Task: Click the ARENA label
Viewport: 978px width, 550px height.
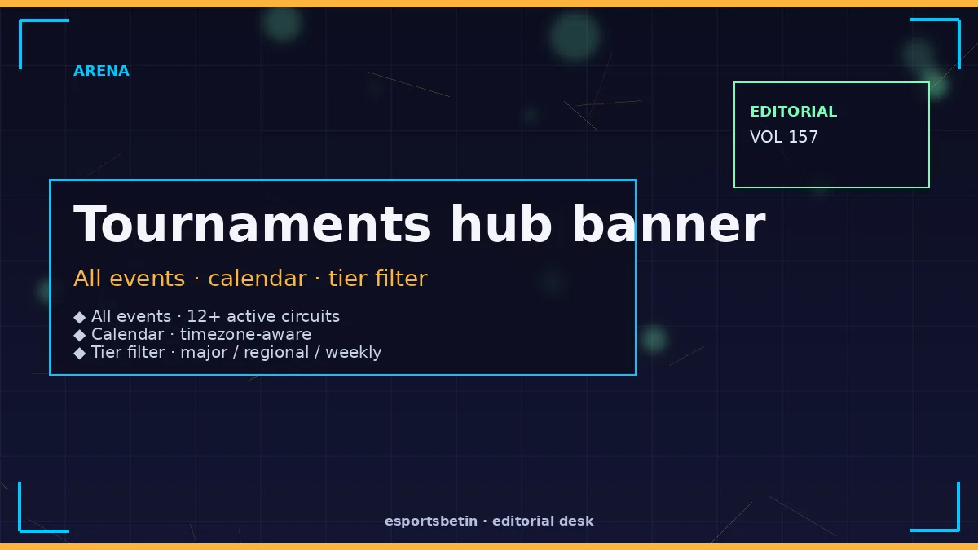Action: (x=101, y=71)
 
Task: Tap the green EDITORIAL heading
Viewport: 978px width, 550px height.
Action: (x=793, y=112)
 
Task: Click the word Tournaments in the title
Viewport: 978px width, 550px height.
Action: (x=252, y=224)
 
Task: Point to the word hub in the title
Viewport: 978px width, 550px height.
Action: (x=501, y=223)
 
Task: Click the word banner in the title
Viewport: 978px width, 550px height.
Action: (x=668, y=223)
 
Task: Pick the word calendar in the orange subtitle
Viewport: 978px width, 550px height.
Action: (x=258, y=279)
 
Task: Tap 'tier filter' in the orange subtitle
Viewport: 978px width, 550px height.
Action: (x=378, y=278)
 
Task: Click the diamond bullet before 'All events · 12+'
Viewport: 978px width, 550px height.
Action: (x=80, y=317)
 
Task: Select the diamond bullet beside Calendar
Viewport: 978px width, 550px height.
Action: (x=80, y=335)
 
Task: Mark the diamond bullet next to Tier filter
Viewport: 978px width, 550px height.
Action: (x=80, y=353)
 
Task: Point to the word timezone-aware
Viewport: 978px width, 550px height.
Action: (x=245, y=334)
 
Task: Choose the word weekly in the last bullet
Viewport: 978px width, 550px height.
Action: (x=353, y=353)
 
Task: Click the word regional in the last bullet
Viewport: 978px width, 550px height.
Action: (x=276, y=353)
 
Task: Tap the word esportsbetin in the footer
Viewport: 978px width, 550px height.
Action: (x=431, y=521)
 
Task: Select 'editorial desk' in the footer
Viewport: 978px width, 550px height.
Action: (x=543, y=521)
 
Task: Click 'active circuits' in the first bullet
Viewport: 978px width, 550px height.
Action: (x=283, y=316)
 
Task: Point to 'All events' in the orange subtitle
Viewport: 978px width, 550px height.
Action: (x=130, y=279)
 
